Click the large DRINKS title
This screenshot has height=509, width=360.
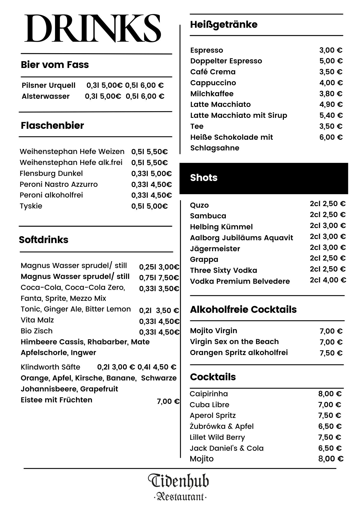(93, 29)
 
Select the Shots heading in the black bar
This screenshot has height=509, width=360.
(204, 178)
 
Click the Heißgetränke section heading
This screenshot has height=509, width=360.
(224, 24)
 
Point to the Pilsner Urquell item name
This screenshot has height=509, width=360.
(49, 85)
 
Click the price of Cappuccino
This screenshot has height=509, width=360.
(331, 83)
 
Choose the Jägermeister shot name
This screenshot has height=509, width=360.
(215, 249)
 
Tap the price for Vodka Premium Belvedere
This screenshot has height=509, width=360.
(328, 280)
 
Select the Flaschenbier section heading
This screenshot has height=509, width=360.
(52, 125)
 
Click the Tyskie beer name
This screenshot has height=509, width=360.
(31, 206)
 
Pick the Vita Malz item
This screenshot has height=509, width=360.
(37, 320)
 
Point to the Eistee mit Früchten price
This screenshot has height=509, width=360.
(168, 401)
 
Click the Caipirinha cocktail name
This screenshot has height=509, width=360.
(209, 394)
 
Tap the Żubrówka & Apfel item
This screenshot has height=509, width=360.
(221, 426)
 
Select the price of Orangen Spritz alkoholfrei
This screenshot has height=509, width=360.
(331, 353)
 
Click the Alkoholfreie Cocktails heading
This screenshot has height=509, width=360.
(243, 309)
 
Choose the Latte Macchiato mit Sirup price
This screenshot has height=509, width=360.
(331, 115)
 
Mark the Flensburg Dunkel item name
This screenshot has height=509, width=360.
(51, 173)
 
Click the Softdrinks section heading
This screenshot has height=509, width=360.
(44, 240)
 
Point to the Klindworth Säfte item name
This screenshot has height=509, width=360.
(50, 367)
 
